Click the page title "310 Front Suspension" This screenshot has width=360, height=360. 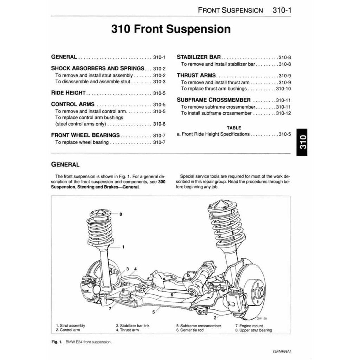(x=171, y=29)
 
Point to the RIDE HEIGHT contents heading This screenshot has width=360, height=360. (x=69, y=93)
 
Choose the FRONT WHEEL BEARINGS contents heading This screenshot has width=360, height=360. (x=85, y=135)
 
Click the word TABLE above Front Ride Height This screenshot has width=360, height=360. (x=234, y=128)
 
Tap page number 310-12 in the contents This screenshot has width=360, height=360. (x=283, y=113)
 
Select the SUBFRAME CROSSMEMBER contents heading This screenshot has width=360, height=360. (x=214, y=100)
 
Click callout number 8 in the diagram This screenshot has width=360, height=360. (x=121, y=214)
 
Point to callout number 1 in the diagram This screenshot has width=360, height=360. (x=123, y=247)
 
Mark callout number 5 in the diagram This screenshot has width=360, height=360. (x=154, y=312)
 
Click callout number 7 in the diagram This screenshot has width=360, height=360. (x=110, y=309)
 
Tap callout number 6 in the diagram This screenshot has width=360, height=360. (x=172, y=295)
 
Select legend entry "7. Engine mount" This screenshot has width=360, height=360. (x=249, y=326)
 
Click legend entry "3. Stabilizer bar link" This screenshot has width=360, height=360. (x=133, y=326)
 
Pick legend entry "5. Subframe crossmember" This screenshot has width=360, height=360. (x=199, y=326)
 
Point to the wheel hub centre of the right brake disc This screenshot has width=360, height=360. (x=260, y=291)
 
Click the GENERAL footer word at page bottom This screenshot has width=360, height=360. (x=282, y=351)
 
